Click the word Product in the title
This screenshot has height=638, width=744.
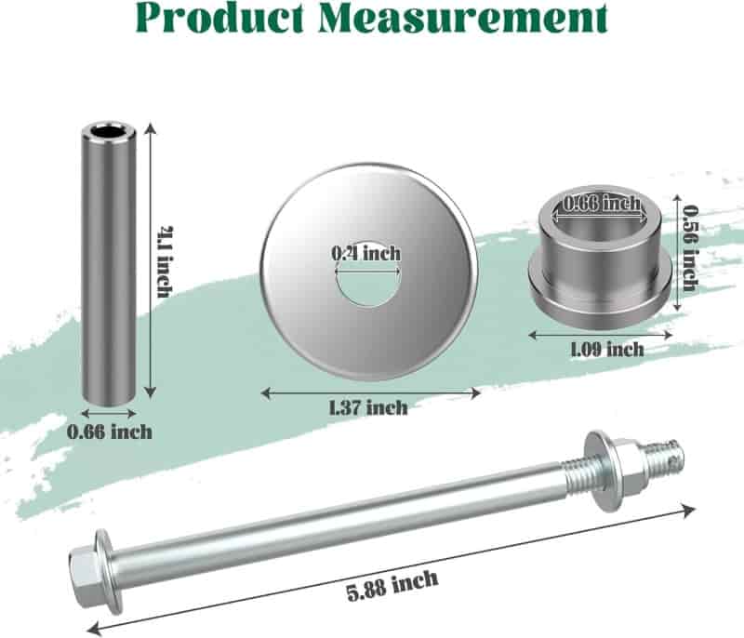[x=219, y=18]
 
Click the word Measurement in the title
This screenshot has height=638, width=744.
[x=462, y=18]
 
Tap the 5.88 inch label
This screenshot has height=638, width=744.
[x=392, y=585]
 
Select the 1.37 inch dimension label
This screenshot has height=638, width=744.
[x=368, y=407]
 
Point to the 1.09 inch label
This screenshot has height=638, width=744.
[x=607, y=350]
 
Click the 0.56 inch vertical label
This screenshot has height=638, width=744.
[x=689, y=247]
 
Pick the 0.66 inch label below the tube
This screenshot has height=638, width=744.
[x=109, y=432]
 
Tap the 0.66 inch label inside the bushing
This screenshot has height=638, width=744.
[x=601, y=204]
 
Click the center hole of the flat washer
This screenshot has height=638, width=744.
[x=367, y=284]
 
